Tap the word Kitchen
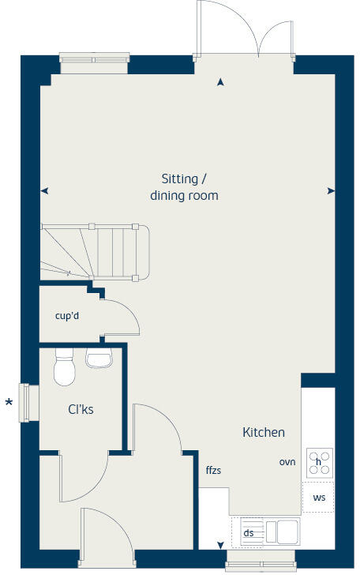(263, 432)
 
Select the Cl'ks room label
(81, 410)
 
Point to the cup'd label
(67, 317)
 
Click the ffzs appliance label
(213, 470)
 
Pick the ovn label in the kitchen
(287, 462)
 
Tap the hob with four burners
(319, 462)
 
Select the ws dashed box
(319, 498)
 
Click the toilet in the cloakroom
(64, 368)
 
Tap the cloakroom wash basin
(99, 360)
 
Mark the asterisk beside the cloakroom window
(9, 404)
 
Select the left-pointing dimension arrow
(44, 191)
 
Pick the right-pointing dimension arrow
(331, 191)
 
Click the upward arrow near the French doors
(220, 81)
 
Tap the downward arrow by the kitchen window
(220, 545)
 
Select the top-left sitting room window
(94, 63)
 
